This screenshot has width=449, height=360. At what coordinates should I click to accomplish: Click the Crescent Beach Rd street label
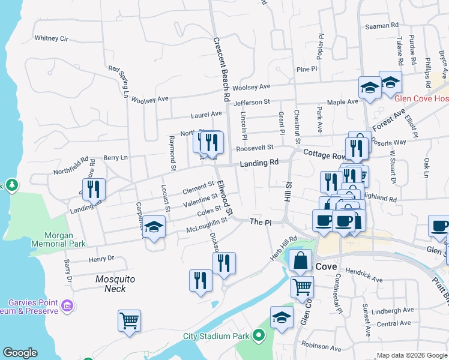(222, 70)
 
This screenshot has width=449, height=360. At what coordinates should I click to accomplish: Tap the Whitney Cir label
(52, 38)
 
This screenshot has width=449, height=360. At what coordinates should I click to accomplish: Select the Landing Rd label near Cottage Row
(259, 163)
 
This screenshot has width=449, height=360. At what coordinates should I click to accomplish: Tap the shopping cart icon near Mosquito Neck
(129, 320)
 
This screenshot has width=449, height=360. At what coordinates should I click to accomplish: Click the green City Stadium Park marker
(259, 335)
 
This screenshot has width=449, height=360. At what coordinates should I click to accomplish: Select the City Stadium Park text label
(217, 335)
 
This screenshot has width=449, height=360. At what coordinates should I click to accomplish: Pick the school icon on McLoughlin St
(154, 227)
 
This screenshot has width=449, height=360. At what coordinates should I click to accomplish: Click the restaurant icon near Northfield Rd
(94, 188)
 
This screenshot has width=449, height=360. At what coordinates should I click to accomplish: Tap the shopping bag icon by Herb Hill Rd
(300, 260)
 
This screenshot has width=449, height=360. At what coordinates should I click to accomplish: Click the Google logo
(20, 353)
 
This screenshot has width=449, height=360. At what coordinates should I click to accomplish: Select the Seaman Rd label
(382, 26)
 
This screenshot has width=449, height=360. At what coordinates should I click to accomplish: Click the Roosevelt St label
(255, 148)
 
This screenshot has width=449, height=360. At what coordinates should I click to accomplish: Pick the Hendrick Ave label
(363, 280)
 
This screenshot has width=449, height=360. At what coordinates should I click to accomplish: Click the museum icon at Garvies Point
(68, 307)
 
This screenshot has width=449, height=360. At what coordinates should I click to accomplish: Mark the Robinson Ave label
(321, 346)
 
